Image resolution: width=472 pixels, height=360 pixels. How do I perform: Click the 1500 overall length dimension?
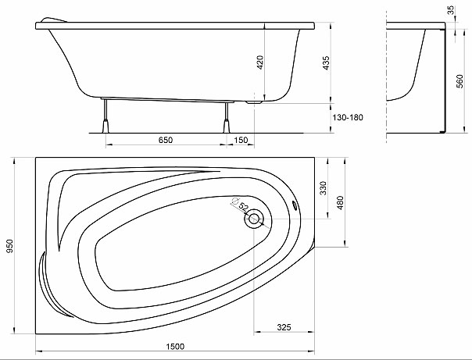[175, 347]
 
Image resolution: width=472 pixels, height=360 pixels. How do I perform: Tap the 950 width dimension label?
[10, 246]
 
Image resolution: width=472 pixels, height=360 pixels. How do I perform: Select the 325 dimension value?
[284, 327]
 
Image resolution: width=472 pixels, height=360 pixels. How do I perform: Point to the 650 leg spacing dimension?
[166, 140]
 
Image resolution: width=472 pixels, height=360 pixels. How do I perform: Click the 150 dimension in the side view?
[241, 140]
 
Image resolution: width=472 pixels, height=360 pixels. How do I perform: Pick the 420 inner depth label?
[260, 62]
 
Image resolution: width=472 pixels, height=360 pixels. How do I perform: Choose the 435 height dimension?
[327, 62]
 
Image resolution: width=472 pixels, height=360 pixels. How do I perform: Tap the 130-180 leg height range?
[348, 117]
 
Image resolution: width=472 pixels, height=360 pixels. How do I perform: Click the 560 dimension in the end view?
[460, 81]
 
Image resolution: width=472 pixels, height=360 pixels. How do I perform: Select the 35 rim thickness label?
[451, 10]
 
